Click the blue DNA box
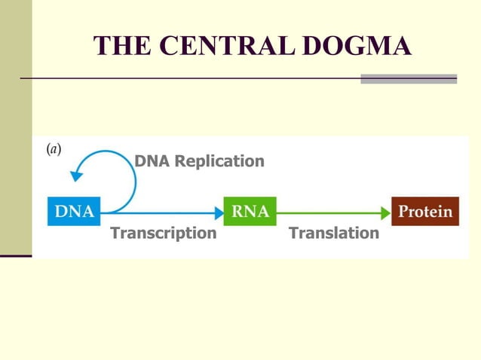point(73,212)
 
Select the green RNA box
point(250,212)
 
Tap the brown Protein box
point(425,212)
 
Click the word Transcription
point(164,233)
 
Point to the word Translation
point(334,233)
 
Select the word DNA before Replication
point(152,161)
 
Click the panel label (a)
point(54,149)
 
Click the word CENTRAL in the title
point(225,46)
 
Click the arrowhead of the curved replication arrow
point(75,176)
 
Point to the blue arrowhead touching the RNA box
point(219,212)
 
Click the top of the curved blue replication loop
point(106,151)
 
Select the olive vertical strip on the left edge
point(16,128)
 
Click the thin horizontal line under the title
point(188,78)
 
